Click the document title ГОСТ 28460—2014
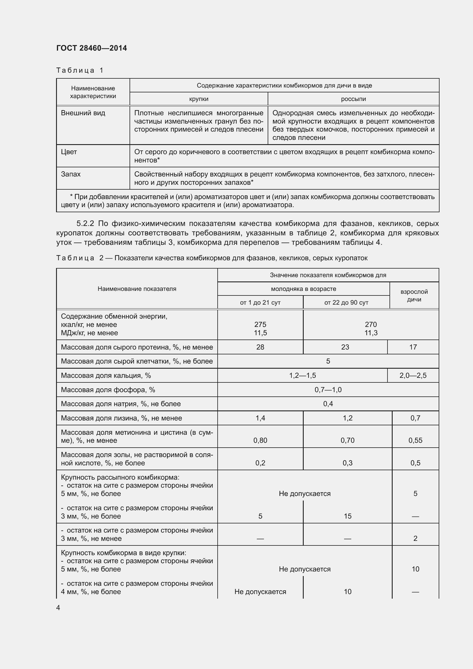point(92,48)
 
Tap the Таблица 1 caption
point(80,70)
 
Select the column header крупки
point(199,99)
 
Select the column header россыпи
point(353,99)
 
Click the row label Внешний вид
point(83,113)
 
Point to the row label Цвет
point(69,152)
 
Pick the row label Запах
point(71,174)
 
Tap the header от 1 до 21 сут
point(260,302)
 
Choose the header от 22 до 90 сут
point(346,302)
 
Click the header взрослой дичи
point(414,295)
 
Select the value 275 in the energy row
point(260,324)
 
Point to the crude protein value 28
point(260,347)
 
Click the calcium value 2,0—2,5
point(413,375)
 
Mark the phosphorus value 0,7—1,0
point(328,390)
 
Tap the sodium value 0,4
point(328,404)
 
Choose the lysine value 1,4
point(260,418)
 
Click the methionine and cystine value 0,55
point(415,440)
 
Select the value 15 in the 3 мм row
point(347,516)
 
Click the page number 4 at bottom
point(58,608)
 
